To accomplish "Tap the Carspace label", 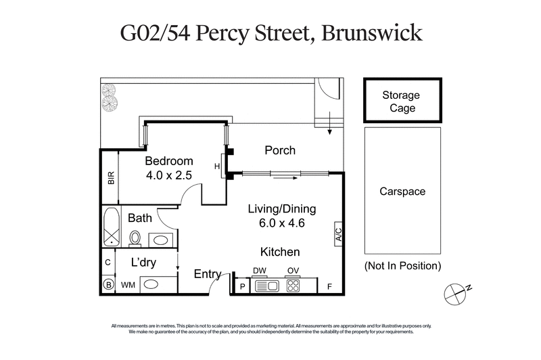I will [x=402, y=192].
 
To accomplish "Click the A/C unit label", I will [x=339, y=233].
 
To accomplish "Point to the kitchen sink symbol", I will [x=266, y=286].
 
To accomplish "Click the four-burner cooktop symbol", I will [x=293, y=286].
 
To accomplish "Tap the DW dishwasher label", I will [x=260, y=271].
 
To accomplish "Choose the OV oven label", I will [x=293, y=271].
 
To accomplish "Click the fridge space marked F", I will [x=329, y=286].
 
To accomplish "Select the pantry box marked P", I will [x=242, y=286].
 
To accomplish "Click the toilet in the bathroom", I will [x=135, y=238].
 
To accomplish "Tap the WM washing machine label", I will [x=127, y=286].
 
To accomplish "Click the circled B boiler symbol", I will [x=107, y=286].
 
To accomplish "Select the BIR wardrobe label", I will [x=111, y=179].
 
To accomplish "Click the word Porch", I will [x=279, y=150].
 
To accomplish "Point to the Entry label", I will [x=208, y=274].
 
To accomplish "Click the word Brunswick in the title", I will [x=373, y=34].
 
